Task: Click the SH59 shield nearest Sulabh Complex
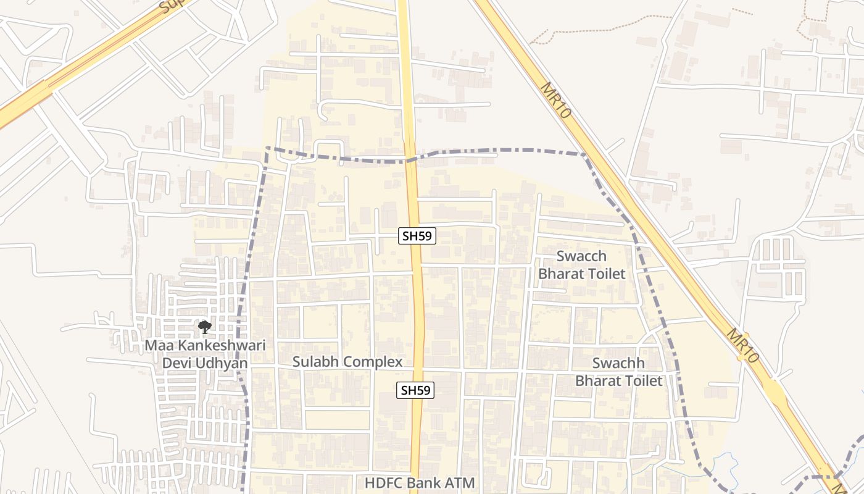tap(415, 390)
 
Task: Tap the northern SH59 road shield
tap(417, 235)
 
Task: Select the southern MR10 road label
tap(742, 345)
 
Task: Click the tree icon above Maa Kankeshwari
tap(204, 327)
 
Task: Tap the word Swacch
tap(581, 256)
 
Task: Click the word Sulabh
tap(314, 362)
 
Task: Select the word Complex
tap(370, 362)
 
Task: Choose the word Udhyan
tap(223, 363)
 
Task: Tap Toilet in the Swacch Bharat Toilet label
tap(607, 274)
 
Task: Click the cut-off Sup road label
tap(168, 6)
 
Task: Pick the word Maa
tap(157, 345)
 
